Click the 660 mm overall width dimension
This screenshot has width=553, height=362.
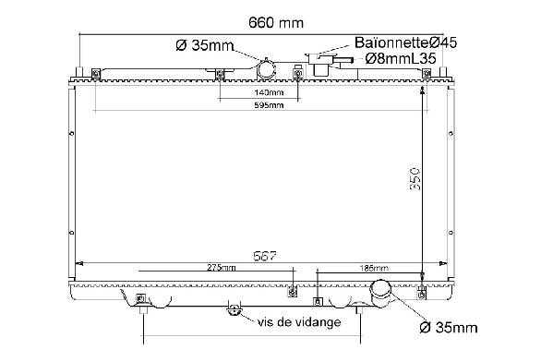(276, 23)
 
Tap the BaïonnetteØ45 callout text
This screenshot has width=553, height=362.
(405, 42)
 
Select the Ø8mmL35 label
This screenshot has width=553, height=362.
(401, 58)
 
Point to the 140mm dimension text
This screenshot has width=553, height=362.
(269, 92)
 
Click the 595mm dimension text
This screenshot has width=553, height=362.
(269, 105)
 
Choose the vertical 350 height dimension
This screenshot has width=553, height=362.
(415, 179)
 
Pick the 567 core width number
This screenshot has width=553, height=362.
(265, 256)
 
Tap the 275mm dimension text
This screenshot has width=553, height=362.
(222, 268)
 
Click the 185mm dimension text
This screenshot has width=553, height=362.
(374, 268)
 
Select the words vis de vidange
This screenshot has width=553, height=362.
(299, 322)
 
